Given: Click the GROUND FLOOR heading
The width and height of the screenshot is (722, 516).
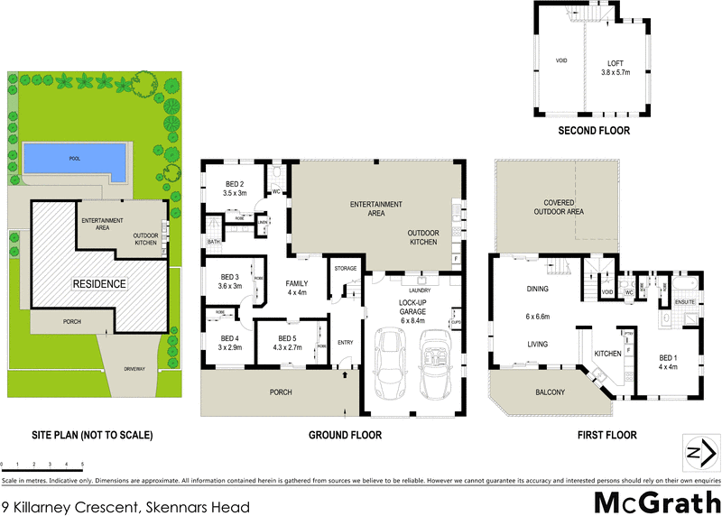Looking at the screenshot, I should click(x=345, y=435).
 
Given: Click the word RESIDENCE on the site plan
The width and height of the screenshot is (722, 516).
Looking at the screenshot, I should click(x=99, y=283).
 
